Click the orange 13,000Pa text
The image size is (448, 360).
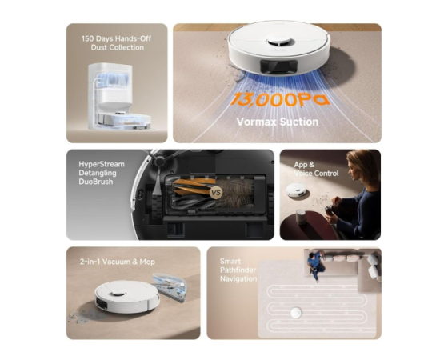click(279, 100)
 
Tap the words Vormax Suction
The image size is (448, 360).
click(278, 122)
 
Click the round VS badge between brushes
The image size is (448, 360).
click(216, 192)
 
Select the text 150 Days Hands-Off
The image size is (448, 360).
click(116, 38)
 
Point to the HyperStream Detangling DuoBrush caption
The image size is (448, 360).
click(102, 173)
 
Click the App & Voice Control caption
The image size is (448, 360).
click(316, 169)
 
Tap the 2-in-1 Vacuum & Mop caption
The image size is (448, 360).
click(118, 262)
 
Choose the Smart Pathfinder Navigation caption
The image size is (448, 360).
click(238, 270)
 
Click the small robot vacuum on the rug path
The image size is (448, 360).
click(296, 313)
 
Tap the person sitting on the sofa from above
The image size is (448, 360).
click(316, 265)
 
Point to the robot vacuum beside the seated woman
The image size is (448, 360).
click(296, 190)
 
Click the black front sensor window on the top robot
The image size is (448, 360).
click(278, 66)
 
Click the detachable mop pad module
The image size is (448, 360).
click(169, 287)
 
